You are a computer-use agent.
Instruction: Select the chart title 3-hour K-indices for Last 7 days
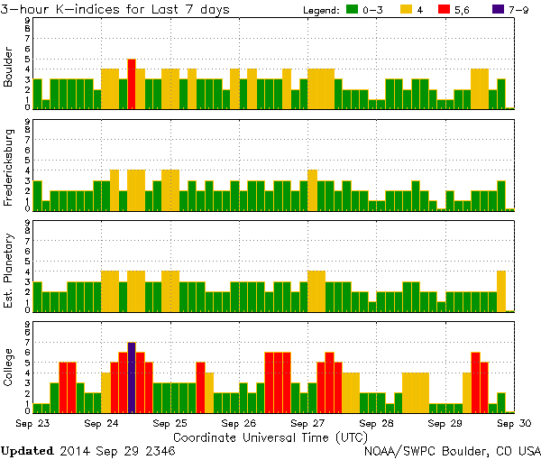click(x=115, y=9)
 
